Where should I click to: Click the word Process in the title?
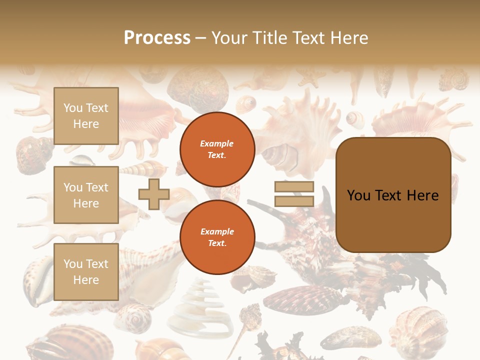coord(157,38)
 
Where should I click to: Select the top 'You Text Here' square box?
coord(86,116)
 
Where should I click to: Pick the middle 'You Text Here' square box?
coord(86,195)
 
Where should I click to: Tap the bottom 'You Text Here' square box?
coord(86,272)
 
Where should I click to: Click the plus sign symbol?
coord(153,194)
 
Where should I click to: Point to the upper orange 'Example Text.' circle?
coord(217,149)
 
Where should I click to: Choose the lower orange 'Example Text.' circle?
coord(217,237)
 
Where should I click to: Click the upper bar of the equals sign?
coord(294,187)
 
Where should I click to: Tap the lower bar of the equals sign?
coord(294,201)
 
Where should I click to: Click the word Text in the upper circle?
coord(216,155)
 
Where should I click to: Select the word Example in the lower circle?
coord(217,231)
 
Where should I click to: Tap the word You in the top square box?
coord(73,108)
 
